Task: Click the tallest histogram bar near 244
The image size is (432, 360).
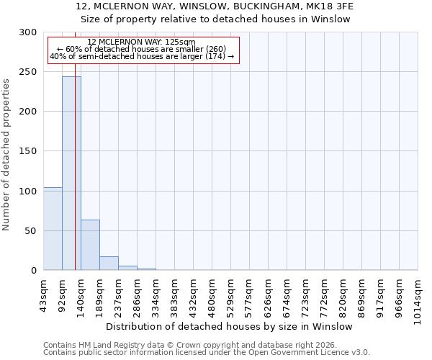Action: coord(71,173)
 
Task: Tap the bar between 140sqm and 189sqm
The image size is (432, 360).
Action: coord(90,245)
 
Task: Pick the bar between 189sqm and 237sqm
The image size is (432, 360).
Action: coord(109,263)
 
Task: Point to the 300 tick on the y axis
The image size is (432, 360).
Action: coord(28,32)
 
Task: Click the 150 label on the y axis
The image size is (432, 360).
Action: coord(28,151)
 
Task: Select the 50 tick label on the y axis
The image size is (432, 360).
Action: coord(31,231)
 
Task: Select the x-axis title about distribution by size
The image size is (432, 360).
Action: coord(230,326)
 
